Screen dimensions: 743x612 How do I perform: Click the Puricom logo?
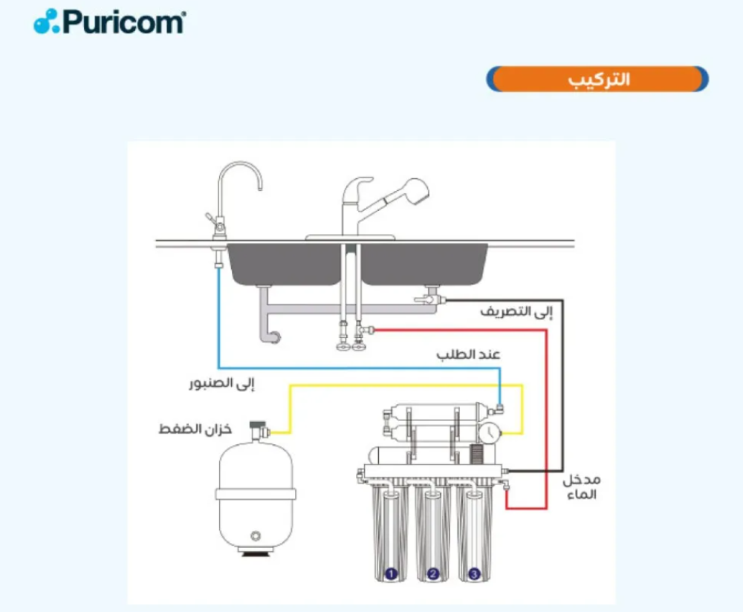(109, 22)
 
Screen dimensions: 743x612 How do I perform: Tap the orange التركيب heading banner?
(597, 79)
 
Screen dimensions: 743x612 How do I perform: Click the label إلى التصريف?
(516, 312)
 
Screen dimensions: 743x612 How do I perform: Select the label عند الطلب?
(468, 354)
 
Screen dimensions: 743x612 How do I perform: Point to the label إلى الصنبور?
(221, 383)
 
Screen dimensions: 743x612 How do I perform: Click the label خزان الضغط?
(195, 429)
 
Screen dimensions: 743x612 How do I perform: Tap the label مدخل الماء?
(582, 487)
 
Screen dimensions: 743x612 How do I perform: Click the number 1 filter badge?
(391, 574)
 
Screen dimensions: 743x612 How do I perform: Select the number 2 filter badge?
(432, 574)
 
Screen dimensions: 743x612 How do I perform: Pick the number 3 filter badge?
(474, 574)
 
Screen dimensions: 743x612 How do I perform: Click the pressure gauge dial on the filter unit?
(490, 432)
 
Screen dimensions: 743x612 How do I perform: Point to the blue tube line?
(358, 368)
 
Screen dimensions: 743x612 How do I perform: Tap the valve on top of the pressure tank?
(259, 429)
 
